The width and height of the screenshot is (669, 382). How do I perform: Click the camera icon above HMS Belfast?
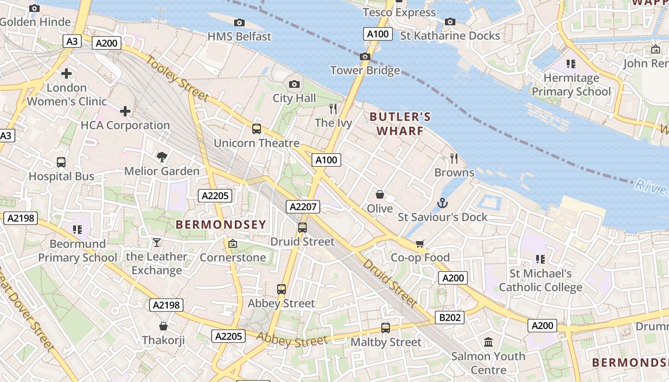coord(239,22)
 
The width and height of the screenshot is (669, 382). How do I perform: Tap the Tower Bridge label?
coord(365,71)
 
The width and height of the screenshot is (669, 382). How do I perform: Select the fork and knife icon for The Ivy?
coord(333,109)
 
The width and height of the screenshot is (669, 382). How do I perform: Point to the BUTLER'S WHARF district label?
coord(400,124)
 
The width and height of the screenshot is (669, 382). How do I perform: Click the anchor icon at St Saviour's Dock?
coord(442,203)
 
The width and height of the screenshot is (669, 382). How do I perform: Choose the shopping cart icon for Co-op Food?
coord(420,244)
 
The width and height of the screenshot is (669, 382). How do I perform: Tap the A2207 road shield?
coord(303,207)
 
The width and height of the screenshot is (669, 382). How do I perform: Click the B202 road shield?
coord(449,318)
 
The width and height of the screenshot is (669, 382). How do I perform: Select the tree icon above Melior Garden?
coord(162,157)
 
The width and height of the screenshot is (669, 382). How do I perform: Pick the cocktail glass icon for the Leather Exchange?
coord(156,243)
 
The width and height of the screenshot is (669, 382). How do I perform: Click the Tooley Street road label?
coord(177,79)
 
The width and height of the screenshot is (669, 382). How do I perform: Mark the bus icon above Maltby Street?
coord(386,328)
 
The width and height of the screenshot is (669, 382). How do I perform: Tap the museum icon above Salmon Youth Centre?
coord(488,342)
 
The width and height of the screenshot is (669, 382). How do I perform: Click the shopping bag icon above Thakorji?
coord(163,326)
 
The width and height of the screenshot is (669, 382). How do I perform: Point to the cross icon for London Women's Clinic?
coord(66,74)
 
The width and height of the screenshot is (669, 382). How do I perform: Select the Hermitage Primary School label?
coord(571,85)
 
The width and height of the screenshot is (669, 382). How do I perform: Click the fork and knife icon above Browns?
coord(454,159)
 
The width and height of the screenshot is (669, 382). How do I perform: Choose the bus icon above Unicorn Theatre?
coord(257,128)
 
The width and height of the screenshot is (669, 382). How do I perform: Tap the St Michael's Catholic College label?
coord(540,280)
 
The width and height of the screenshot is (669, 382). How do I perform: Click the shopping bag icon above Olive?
coord(380,194)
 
